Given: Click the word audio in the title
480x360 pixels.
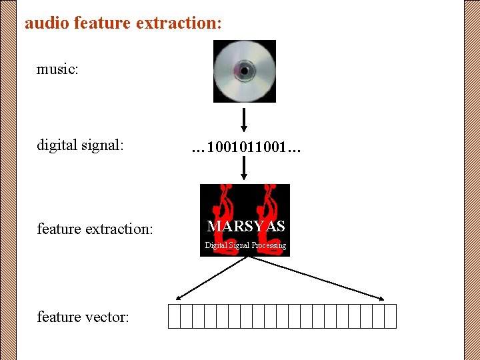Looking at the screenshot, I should [47, 23].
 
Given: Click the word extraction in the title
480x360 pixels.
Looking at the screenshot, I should [179, 23].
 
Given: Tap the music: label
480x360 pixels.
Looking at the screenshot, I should [58, 69].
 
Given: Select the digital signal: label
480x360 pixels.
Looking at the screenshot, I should [81, 145].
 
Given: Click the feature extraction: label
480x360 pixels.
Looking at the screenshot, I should [95, 229].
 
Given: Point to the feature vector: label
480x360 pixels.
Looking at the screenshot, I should [83, 317].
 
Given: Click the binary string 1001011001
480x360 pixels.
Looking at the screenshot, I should [246, 147].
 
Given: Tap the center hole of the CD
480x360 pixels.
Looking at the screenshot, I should [244, 70].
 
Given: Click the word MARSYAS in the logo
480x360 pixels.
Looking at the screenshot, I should [246, 227].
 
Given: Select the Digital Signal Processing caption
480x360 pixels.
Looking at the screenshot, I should [245, 245].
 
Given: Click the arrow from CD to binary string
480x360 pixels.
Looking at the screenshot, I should [244, 120].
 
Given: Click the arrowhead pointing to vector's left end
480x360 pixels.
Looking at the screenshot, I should [179, 297].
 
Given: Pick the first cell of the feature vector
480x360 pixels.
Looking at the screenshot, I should [174, 316].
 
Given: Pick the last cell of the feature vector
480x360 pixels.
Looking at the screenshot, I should [390, 316].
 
